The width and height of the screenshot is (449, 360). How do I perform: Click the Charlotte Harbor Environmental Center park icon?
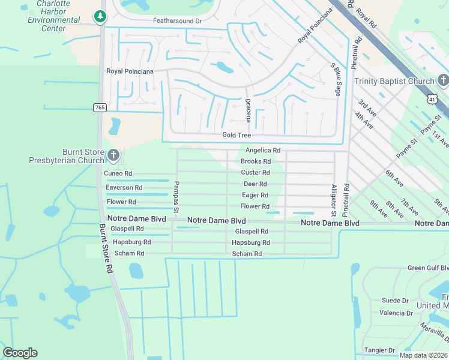coord(100,17)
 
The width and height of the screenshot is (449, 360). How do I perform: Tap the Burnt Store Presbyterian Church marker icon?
coord(112,157)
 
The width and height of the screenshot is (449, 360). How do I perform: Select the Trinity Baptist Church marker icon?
coord(442,80)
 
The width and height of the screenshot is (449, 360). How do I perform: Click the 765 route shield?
coord(100,107)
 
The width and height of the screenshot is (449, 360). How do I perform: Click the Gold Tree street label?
coord(237,136)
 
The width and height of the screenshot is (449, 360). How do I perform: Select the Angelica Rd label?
coord(262,150)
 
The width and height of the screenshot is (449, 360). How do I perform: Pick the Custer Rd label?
coord(255,173)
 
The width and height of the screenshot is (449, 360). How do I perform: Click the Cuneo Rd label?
coord(117,173)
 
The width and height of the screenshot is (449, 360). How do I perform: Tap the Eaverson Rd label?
coord(124,188)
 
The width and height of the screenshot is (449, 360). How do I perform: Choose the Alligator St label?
coord(334,200)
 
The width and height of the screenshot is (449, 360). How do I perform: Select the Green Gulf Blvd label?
coord(428,268)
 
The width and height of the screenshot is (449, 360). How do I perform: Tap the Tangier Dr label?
coord(379,350)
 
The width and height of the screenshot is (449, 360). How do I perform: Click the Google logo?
coord(20,353)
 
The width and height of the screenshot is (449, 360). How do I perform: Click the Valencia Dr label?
coord(396,313)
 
